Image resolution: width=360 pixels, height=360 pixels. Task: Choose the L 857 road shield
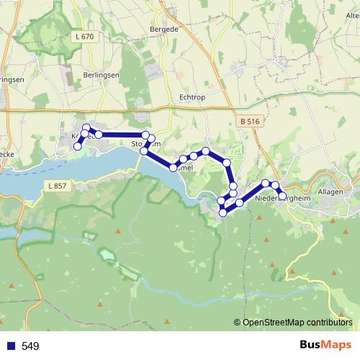(60, 186)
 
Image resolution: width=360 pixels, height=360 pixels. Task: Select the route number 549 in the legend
(30, 346)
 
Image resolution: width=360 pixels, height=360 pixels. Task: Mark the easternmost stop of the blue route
(282, 195)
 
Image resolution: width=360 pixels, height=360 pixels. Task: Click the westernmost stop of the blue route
(78, 146)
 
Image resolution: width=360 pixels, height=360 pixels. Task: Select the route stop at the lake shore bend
(174, 167)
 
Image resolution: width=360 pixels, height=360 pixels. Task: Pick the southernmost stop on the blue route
(223, 212)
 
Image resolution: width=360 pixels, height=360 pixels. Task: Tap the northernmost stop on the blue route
(86, 127)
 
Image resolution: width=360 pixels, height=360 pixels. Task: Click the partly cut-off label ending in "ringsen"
(12, 80)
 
